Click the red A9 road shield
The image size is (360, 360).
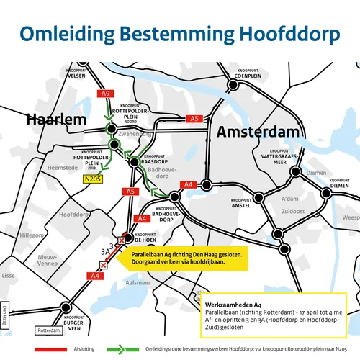105,94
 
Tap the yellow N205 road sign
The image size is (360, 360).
91,179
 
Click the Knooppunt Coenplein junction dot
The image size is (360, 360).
233,85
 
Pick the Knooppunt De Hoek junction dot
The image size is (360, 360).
127,237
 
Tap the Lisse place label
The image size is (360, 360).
8,276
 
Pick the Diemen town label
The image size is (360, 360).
316,173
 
